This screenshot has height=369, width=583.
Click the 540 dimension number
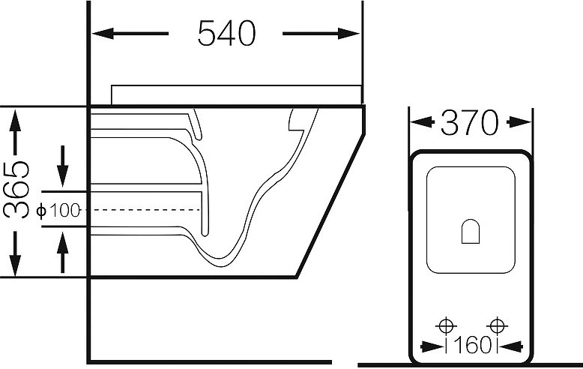[226, 34]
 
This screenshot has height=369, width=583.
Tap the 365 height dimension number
[16, 189]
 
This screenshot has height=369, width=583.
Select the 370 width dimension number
[470, 123]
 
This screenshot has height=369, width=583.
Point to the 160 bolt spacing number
[471, 346]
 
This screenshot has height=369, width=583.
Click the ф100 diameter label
[58, 211]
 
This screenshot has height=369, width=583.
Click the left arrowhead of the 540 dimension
[103, 34]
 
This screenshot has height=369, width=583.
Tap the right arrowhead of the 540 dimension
[348, 34]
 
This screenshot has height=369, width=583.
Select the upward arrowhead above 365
[15, 120]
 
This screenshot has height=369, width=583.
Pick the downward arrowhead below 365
[15, 265]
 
